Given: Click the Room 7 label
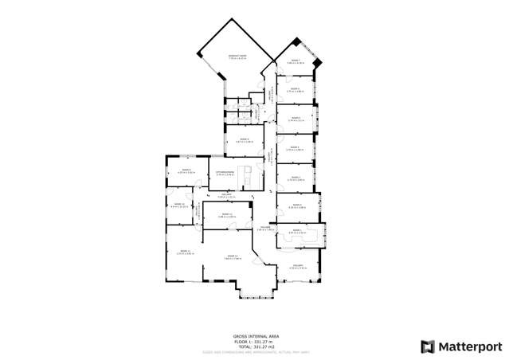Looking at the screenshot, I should (x=296, y=61).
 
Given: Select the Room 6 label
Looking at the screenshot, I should (x=296, y=90).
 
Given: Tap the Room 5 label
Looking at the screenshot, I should (x=296, y=118).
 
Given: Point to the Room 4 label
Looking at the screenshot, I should (x=296, y=147).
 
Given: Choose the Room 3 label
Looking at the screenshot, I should (x=296, y=178).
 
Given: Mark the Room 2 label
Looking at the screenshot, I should (x=296, y=205).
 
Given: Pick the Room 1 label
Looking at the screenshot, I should (x=296, y=231).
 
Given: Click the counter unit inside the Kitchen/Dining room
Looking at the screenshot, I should (x=249, y=176).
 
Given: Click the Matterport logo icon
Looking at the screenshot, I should (x=427, y=346).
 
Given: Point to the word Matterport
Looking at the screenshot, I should (x=471, y=346).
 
